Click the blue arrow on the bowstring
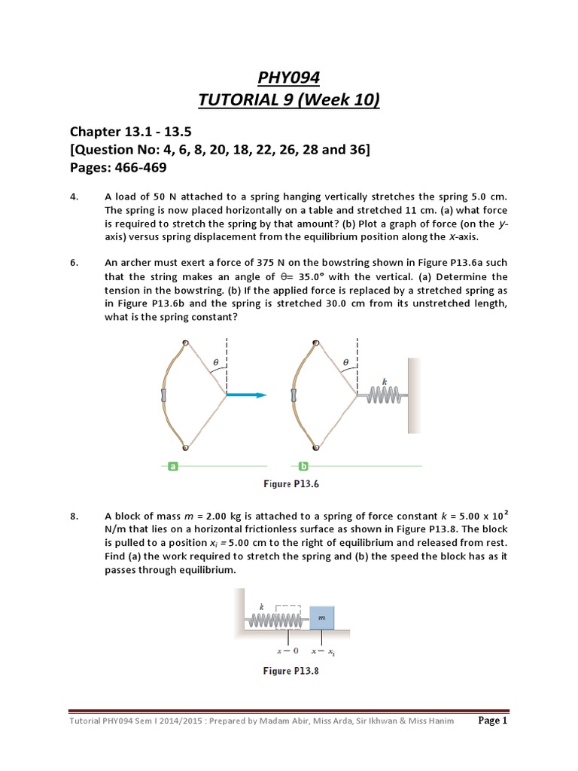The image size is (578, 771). tap(246, 395)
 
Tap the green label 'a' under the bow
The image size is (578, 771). tap(174, 466)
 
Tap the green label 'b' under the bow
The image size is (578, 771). tap(304, 466)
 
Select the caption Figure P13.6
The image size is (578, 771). tap(290, 484)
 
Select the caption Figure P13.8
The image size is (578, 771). tap(290, 670)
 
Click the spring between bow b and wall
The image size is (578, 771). tap(385, 395)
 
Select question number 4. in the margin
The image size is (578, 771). tap(74, 197)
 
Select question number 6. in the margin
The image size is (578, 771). tap(74, 263)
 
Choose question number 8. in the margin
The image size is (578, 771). tap(74, 516)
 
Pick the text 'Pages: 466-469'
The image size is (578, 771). tap(118, 167)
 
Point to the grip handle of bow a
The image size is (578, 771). tap(163, 395)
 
